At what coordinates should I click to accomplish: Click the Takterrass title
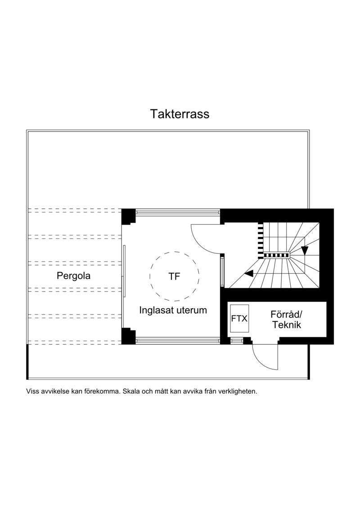coord(180,114)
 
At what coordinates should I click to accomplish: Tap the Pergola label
coord(73,276)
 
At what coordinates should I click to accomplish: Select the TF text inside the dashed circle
coord(174,276)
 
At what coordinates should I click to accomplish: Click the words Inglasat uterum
coord(173,310)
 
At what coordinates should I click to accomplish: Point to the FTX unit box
coord(239,319)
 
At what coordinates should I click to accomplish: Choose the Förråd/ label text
coord(286,314)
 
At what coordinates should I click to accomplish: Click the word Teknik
coord(287,325)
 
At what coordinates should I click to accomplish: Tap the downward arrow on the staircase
coord(305,251)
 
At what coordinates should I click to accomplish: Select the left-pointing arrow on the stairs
coord(248,274)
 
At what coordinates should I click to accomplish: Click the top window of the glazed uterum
coord(178,212)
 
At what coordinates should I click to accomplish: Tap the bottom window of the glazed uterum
coord(178,341)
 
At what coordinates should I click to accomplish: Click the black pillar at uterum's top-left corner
coord(128,216)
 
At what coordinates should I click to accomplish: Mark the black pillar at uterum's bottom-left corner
coord(128,336)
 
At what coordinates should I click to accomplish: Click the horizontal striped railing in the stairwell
coord(276,256)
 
